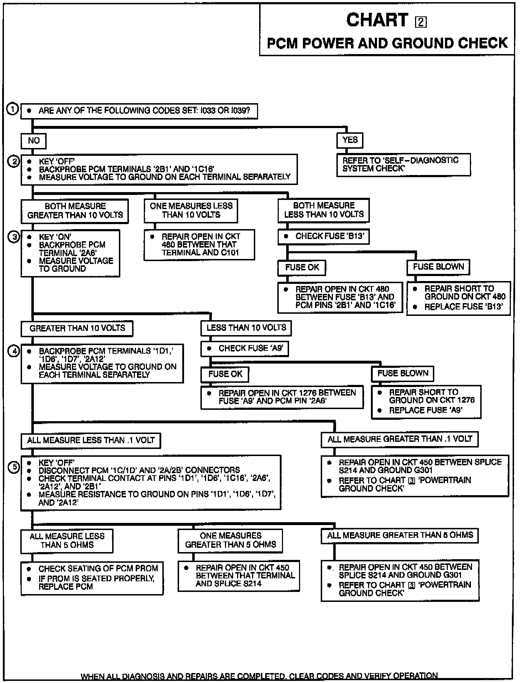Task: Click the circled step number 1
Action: (13, 109)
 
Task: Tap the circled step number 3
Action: (14, 237)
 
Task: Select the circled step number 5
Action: (14, 467)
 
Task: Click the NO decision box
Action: (33, 141)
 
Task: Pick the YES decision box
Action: (350, 140)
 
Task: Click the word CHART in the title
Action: (377, 20)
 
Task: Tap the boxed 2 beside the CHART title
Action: (421, 22)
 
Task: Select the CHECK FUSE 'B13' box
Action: (323, 237)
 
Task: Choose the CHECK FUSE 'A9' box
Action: (245, 349)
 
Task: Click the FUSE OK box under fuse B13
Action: (302, 268)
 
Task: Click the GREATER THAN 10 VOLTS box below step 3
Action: (77, 328)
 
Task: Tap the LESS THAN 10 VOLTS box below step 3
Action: (246, 328)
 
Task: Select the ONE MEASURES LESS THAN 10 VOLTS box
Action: (191, 211)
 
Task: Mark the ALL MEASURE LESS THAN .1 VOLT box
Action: (91, 440)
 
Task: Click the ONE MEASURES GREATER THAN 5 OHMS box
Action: (230, 540)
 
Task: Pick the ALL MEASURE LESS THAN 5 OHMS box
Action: (67, 541)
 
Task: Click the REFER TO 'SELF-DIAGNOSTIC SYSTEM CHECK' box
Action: (403, 164)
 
